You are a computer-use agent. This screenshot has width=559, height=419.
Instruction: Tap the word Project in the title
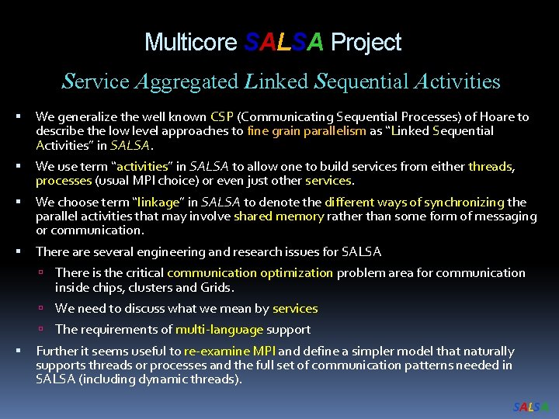tap(366, 42)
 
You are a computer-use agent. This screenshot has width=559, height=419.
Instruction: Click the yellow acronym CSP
tap(222, 117)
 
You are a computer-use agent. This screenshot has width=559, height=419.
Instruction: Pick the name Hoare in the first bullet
tap(478, 117)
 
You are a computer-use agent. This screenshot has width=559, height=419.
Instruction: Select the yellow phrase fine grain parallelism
tap(306, 131)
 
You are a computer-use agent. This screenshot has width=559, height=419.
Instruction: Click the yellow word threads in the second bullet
tap(491, 167)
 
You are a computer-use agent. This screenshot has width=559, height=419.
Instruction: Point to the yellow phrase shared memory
tap(278, 216)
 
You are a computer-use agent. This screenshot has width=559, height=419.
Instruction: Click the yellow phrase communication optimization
tap(249, 273)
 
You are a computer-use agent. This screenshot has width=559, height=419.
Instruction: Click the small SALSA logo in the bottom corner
tap(530, 407)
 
